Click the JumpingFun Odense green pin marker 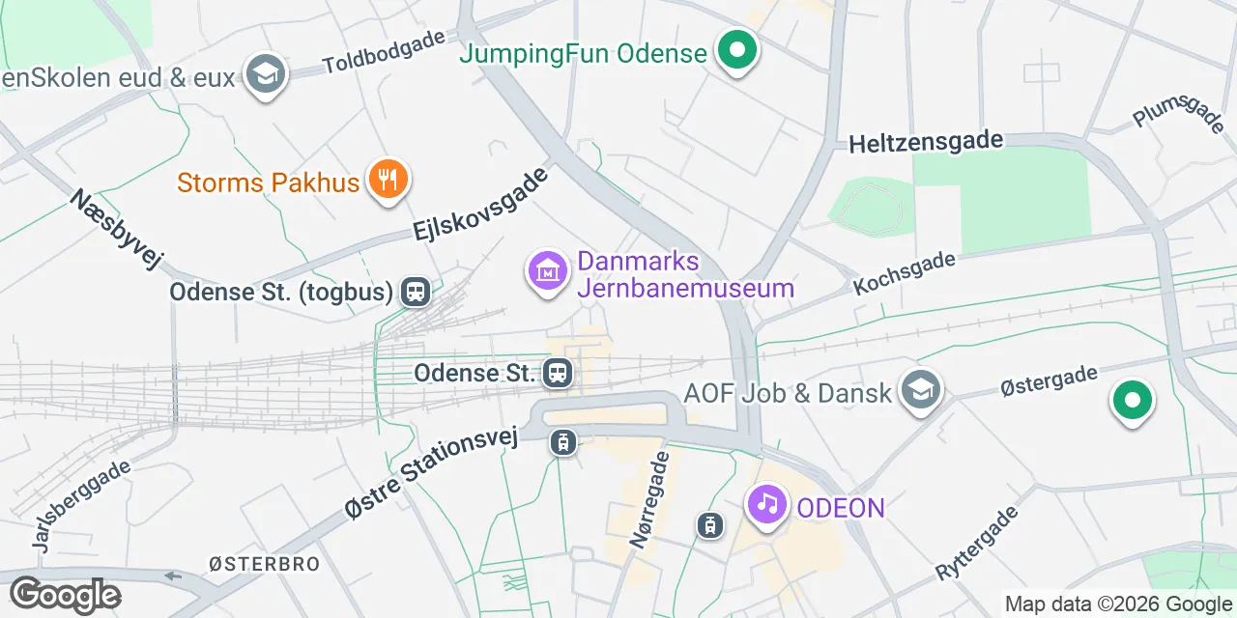[737, 52]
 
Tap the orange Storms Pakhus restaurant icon [388, 181]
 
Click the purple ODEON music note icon [767, 504]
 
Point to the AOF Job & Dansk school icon [921, 391]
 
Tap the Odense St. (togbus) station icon [417, 291]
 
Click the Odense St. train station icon [557, 373]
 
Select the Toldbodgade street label [384, 51]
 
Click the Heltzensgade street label [926, 143]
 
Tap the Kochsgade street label [904, 273]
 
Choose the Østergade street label [1049, 382]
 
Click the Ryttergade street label [977, 543]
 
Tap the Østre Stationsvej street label [431, 473]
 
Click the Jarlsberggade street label [81, 506]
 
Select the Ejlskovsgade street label [480, 205]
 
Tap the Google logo [65, 596]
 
